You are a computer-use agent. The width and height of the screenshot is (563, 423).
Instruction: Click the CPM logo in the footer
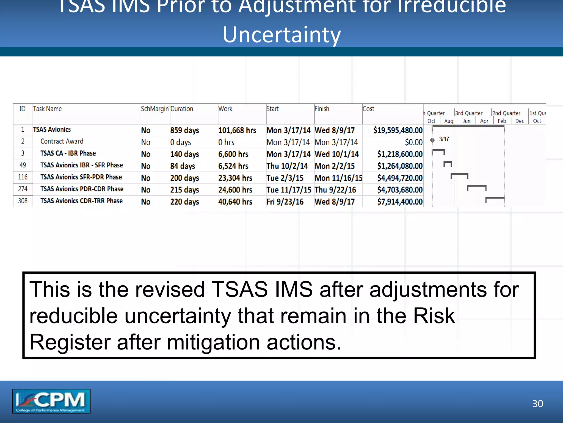(51, 401)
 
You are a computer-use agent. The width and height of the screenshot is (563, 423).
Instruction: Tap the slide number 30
(537, 404)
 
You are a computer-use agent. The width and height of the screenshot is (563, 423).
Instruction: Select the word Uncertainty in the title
(281, 35)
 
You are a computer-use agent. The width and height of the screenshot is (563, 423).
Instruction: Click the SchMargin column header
(155, 109)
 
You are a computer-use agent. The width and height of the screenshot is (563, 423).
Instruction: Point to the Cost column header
(368, 109)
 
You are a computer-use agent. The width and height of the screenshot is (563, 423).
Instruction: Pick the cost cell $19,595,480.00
(398, 130)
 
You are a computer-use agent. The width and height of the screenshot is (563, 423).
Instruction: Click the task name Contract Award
(62, 141)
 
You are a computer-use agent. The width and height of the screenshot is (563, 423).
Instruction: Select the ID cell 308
(23, 201)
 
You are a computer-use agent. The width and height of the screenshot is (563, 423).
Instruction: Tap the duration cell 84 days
(183, 166)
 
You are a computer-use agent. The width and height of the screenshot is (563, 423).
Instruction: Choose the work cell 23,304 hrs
(235, 178)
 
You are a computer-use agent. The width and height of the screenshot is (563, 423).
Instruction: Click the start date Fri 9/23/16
(285, 202)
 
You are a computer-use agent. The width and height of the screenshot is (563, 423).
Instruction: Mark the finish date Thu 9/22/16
(335, 190)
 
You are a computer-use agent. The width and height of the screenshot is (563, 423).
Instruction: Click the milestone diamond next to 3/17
(432, 140)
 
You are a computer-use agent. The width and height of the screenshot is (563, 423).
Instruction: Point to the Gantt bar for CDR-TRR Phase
(495, 198)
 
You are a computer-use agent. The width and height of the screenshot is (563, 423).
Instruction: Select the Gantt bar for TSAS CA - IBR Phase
(438, 151)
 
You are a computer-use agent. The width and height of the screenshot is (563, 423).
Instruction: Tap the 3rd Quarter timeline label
(469, 113)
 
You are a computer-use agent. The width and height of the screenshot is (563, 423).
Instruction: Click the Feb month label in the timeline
(502, 121)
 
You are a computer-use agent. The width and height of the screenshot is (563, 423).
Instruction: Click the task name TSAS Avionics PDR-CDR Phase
(82, 189)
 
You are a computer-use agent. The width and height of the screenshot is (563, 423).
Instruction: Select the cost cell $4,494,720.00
(400, 178)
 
